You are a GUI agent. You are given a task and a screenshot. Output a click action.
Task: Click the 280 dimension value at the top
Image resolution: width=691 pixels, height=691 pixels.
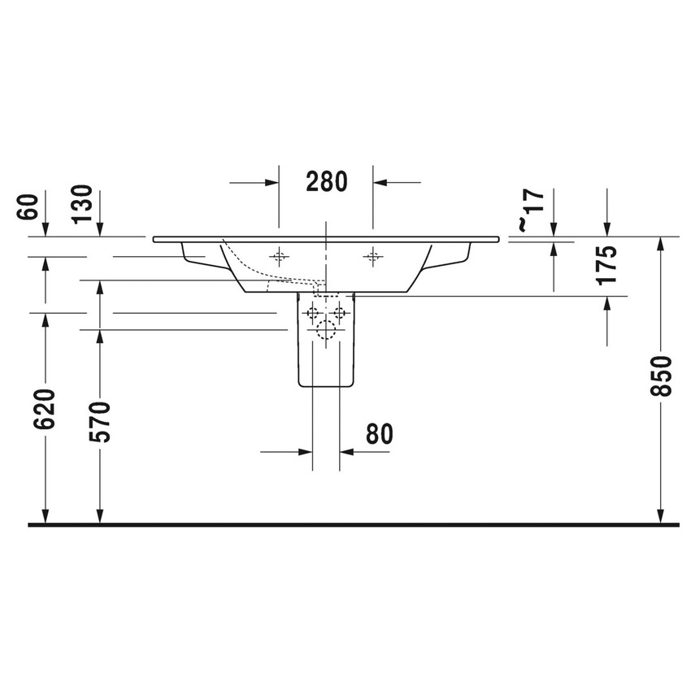coord(326,181)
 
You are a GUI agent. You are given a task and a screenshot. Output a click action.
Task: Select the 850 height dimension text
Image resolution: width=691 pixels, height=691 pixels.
coord(666,375)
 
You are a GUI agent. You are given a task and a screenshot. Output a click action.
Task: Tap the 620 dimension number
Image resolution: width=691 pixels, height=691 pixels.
coord(46,409)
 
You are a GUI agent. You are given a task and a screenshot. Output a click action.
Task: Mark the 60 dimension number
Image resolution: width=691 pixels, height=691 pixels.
coord(27,208)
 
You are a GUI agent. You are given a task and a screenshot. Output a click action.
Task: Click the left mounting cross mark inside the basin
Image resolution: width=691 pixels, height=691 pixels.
coord(279,257)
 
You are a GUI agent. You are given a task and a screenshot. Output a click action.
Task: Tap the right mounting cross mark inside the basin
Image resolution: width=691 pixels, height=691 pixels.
coord(373,257)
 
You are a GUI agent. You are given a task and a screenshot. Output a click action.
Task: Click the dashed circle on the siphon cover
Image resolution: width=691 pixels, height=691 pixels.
coord(326,329)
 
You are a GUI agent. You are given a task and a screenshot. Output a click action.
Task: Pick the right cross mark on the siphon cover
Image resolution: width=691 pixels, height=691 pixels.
coord(340,313)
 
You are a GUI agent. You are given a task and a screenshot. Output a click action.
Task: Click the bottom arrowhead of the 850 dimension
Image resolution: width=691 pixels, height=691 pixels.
coord(661,516)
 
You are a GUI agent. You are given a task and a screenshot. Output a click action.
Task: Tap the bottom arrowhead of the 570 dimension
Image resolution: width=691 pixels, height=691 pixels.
coord(100,516)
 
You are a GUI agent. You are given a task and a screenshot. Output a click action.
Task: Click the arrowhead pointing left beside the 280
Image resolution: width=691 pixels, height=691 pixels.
coord(380,182)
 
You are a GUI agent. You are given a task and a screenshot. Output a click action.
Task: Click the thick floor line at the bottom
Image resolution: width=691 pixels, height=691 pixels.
coord(353,525)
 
